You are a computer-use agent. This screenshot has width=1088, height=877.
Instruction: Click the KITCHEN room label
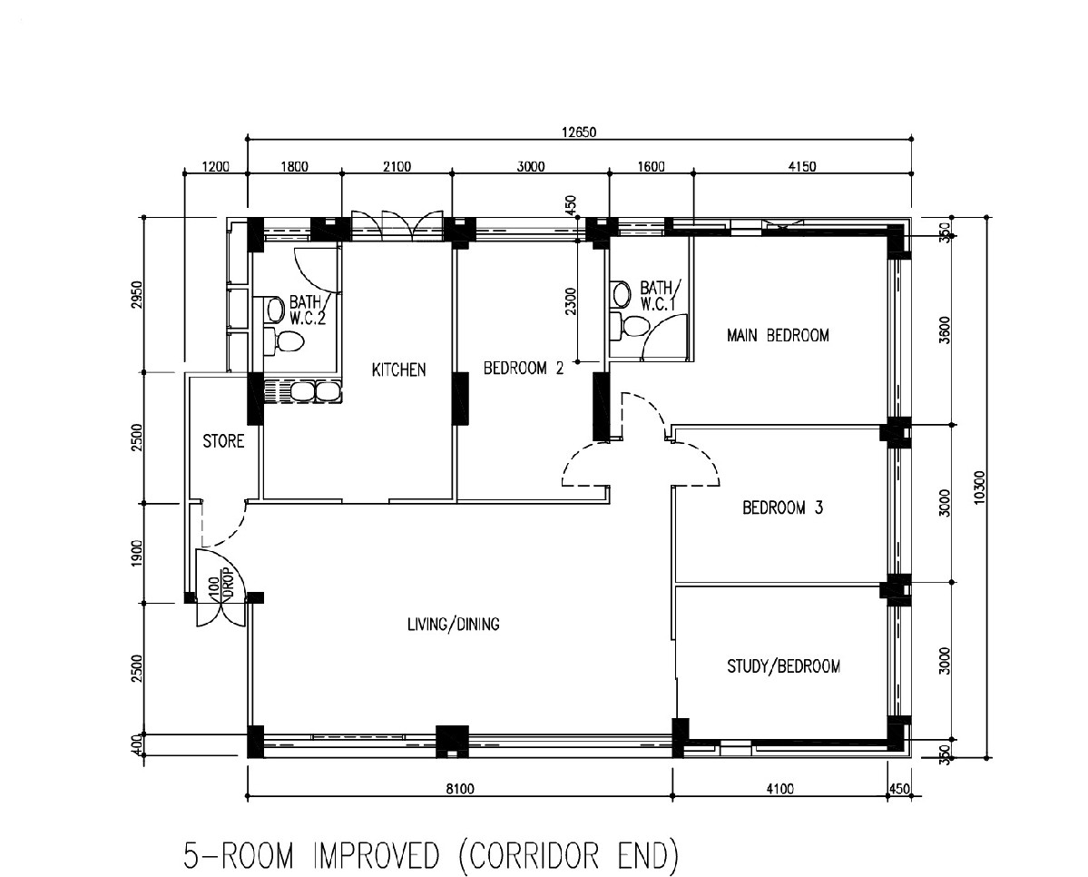tap(399, 370)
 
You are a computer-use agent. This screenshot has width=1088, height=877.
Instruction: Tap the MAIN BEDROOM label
tap(778, 335)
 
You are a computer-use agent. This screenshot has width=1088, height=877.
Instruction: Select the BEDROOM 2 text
tap(524, 368)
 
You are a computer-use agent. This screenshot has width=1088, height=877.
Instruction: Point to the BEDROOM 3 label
tap(783, 507)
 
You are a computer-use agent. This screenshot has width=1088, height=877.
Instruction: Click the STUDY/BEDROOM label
tap(783, 666)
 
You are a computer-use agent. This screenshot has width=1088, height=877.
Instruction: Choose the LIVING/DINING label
tap(453, 625)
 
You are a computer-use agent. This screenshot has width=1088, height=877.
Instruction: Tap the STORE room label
tap(223, 441)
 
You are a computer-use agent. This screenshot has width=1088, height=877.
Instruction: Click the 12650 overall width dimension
tap(579, 132)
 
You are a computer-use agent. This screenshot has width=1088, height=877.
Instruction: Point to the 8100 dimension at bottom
tap(459, 788)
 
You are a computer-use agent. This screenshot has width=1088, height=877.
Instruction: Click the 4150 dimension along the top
tap(802, 167)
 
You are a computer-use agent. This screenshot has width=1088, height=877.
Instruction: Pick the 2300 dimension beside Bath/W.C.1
tap(571, 302)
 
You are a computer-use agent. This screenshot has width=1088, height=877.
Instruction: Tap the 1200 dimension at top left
tap(215, 167)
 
